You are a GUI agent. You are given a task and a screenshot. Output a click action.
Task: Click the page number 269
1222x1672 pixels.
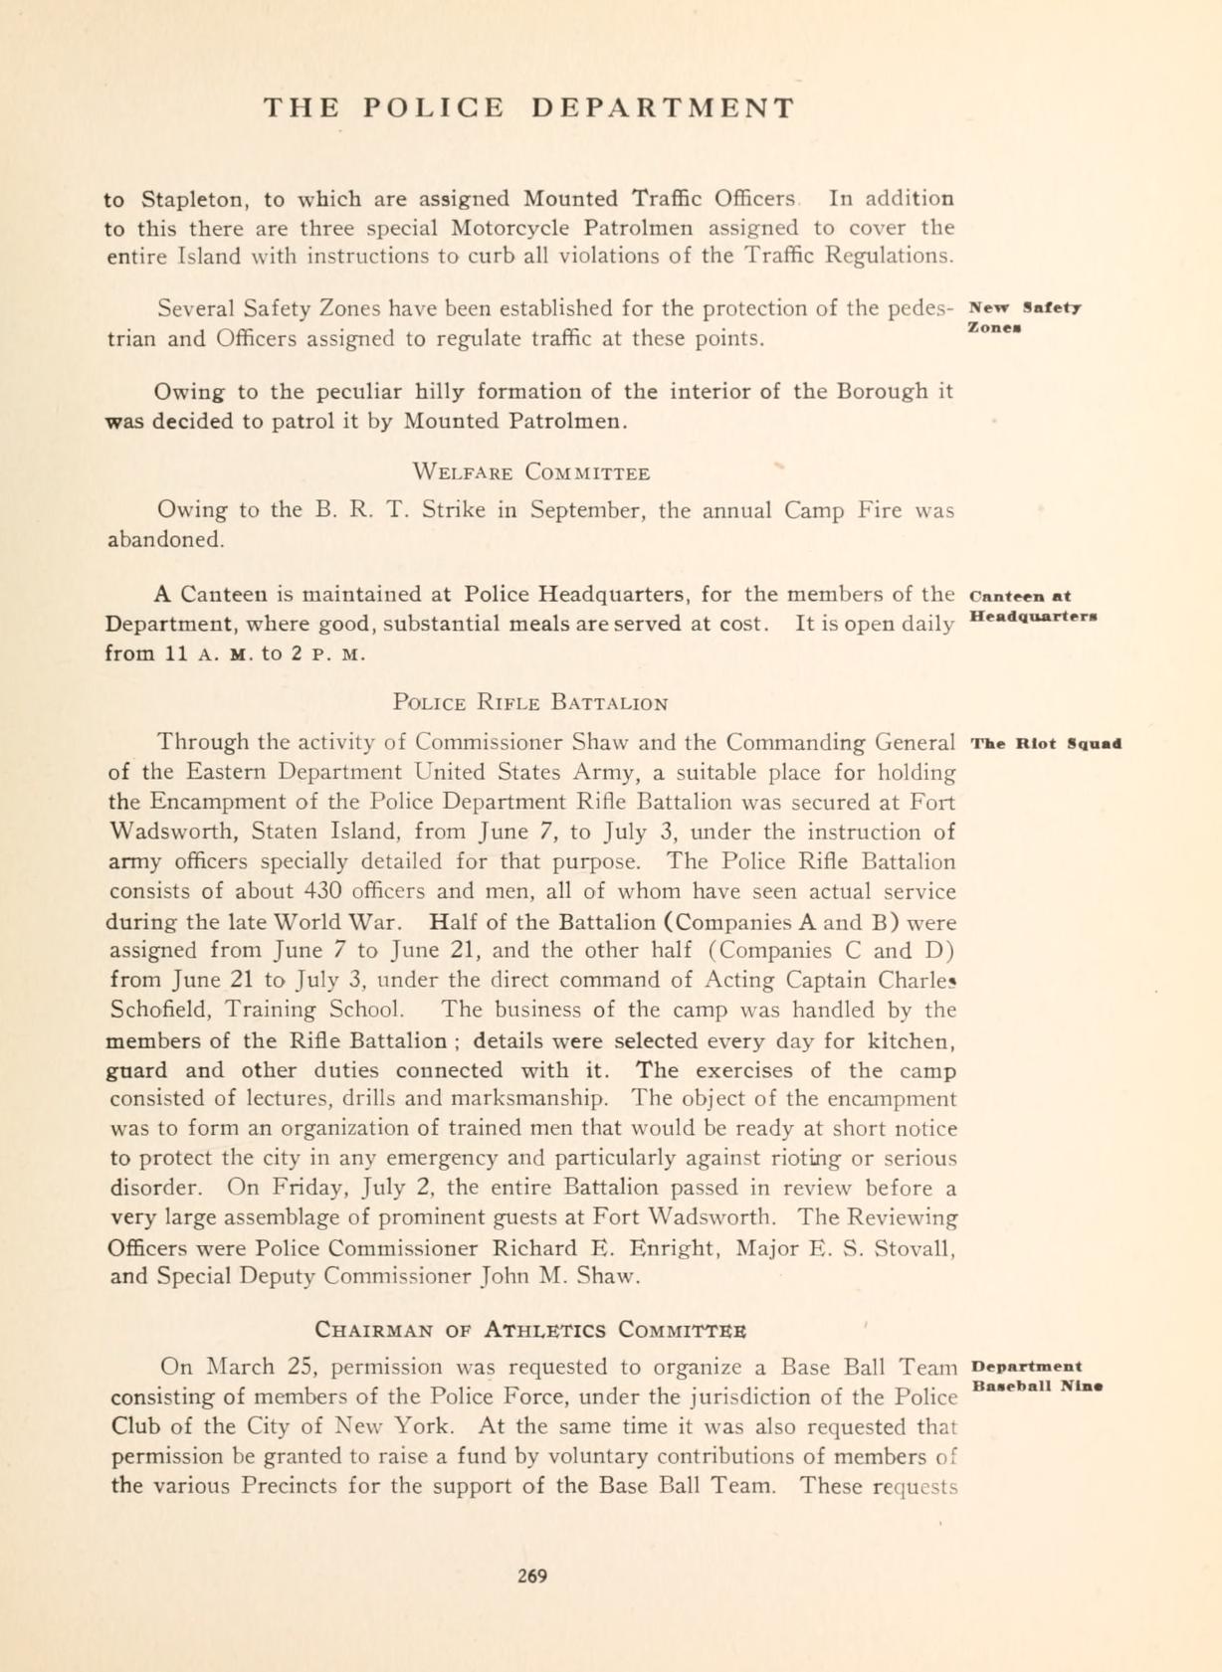pos(532,1576)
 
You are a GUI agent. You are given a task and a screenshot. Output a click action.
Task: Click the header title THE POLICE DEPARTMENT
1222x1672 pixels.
pos(529,107)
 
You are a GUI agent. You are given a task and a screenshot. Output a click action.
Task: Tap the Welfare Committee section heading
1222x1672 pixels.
pos(531,471)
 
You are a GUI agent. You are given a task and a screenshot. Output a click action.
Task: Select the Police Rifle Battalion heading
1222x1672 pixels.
pos(530,703)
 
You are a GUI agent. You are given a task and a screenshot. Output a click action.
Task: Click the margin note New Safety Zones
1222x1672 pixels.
pos(1024,316)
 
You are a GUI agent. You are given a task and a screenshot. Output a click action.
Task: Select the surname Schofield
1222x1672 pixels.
pos(156,1010)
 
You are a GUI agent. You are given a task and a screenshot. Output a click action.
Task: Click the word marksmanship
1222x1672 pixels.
pos(527,1099)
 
